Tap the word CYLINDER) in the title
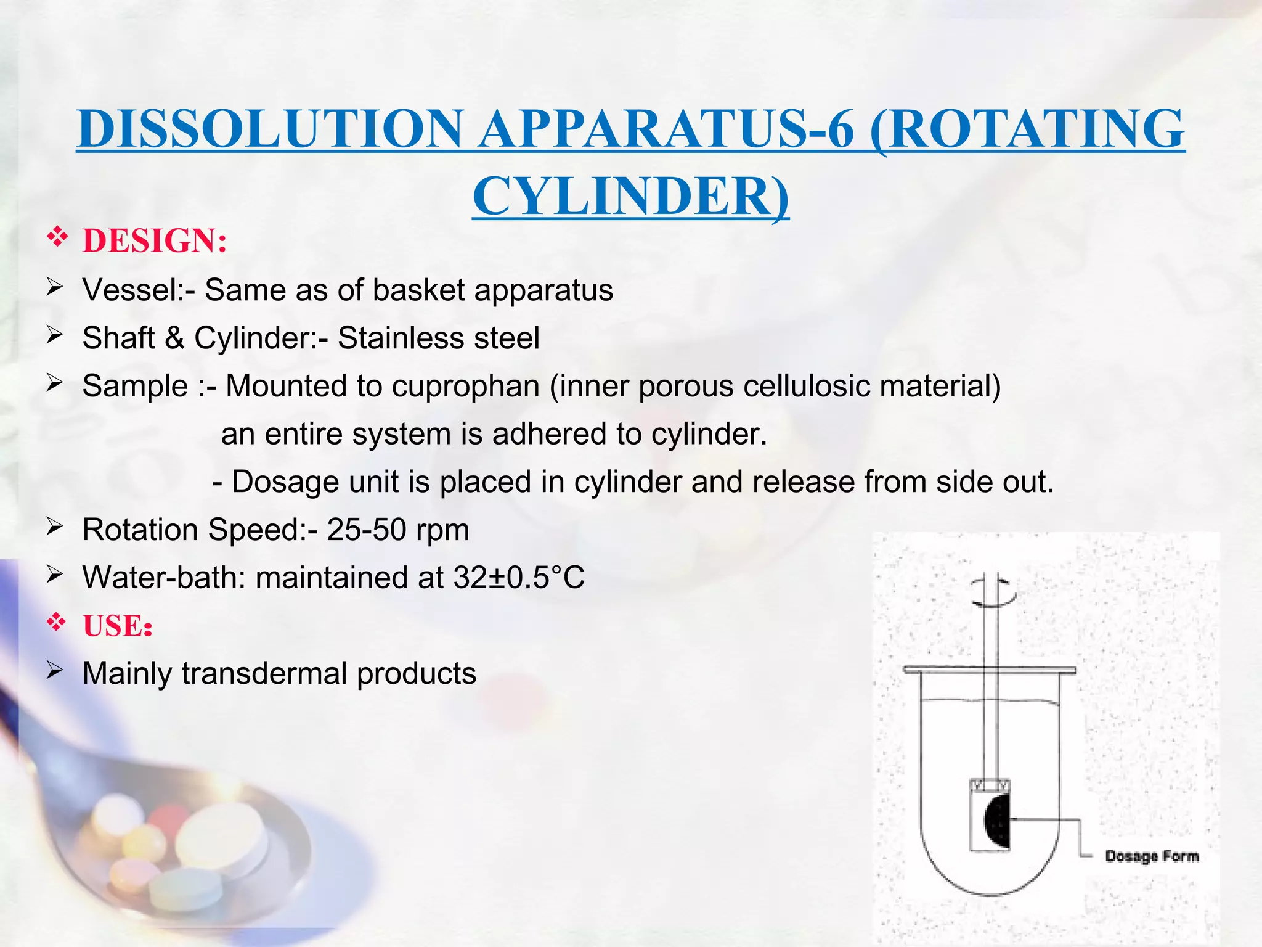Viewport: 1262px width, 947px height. tap(630, 196)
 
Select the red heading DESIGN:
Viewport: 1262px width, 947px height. tap(155, 240)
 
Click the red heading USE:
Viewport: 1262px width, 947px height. tap(117, 626)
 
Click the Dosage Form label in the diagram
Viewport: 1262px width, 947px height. tap(1152, 856)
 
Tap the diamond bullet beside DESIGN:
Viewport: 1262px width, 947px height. tap(57, 237)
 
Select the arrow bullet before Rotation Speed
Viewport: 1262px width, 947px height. tap(55, 527)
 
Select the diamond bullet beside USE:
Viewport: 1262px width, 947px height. tap(57, 623)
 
